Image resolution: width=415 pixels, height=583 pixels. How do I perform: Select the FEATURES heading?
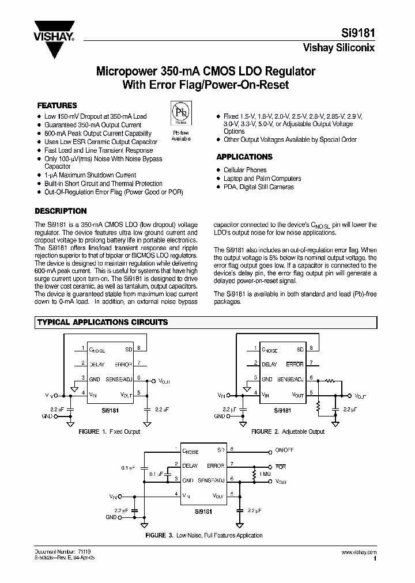click(57, 106)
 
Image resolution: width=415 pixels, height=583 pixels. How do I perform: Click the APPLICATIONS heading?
click(244, 157)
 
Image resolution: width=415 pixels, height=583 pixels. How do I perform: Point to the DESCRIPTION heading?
click(61, 211)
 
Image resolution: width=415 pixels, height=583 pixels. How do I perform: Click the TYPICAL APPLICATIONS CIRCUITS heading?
click(103, 322)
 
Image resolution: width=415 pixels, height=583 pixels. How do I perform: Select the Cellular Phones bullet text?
click(245, 170)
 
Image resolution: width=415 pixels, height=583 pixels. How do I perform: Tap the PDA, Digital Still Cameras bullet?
click(259, 187)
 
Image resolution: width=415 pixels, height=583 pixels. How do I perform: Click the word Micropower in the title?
click(123, 72)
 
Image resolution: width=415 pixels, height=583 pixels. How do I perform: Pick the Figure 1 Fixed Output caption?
click(109, 431)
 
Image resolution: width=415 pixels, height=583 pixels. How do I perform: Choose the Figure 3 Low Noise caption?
click(203, 535)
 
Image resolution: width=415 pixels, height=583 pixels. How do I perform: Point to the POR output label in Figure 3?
click(281, 467)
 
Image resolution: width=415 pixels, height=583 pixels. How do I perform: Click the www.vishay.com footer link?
click(361, 552)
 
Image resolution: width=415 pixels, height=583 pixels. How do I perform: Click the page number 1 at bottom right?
click(375, 558)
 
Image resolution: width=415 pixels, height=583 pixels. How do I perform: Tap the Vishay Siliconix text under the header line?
click(339, 48)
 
